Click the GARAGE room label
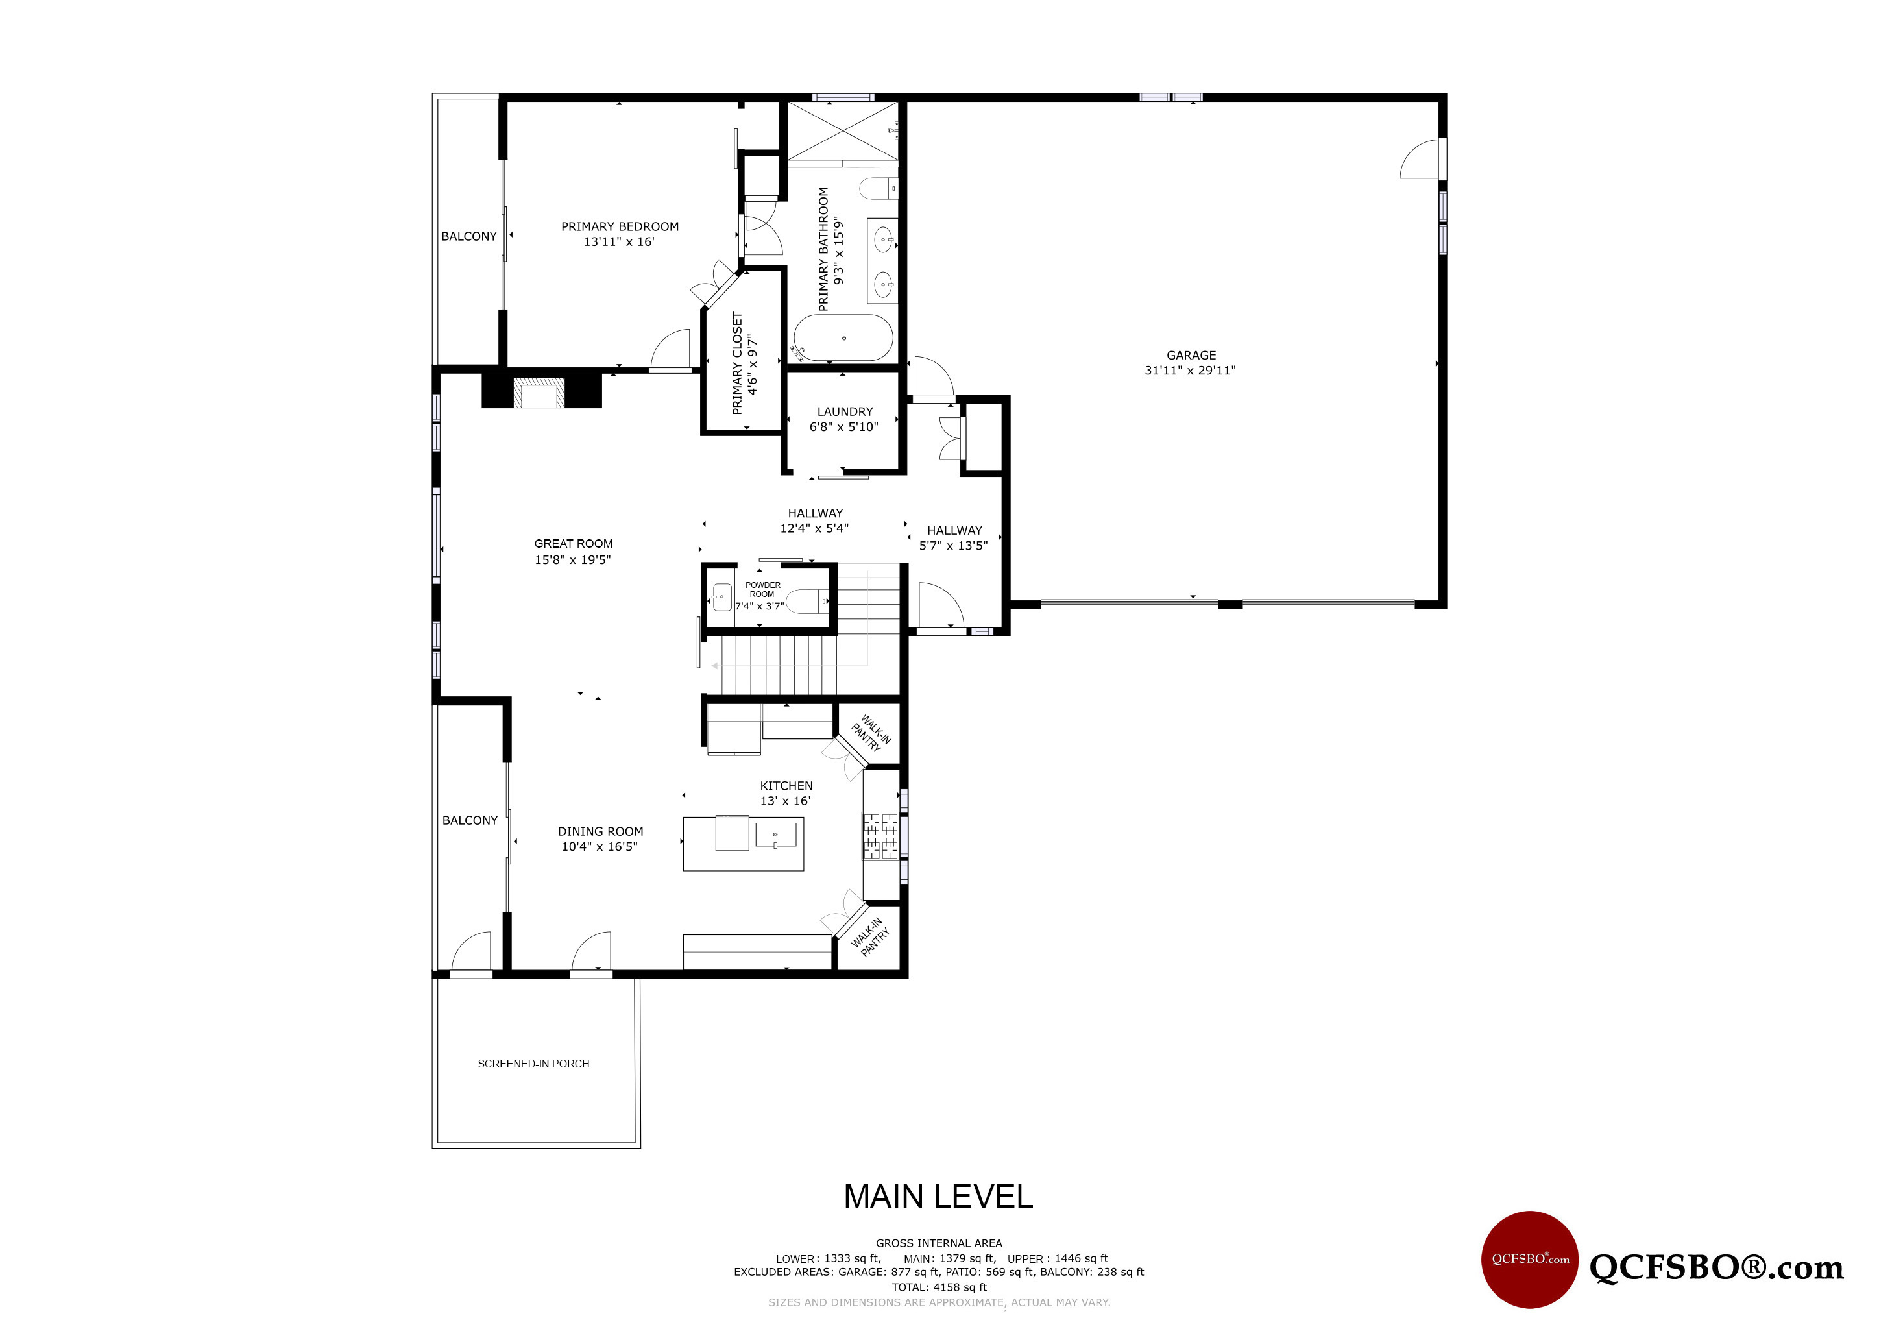pos(1191,355)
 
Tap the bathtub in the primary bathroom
pos(843,338)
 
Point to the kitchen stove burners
pos(880,836)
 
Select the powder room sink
pos(721,598)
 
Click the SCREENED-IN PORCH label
pos(533,1064)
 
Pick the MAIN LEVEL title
pos(938,1197)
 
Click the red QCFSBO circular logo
pos(1529,1260)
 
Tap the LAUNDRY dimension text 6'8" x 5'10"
pos(843,426)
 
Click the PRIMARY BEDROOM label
pos(620,226)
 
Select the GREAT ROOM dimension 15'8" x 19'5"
pos(573,560)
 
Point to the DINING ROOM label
pos(601,831)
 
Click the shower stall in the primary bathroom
pos(843,131)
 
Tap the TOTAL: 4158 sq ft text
pos(939,1287)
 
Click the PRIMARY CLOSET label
pos(737,363)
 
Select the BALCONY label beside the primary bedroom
pos(469,236)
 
